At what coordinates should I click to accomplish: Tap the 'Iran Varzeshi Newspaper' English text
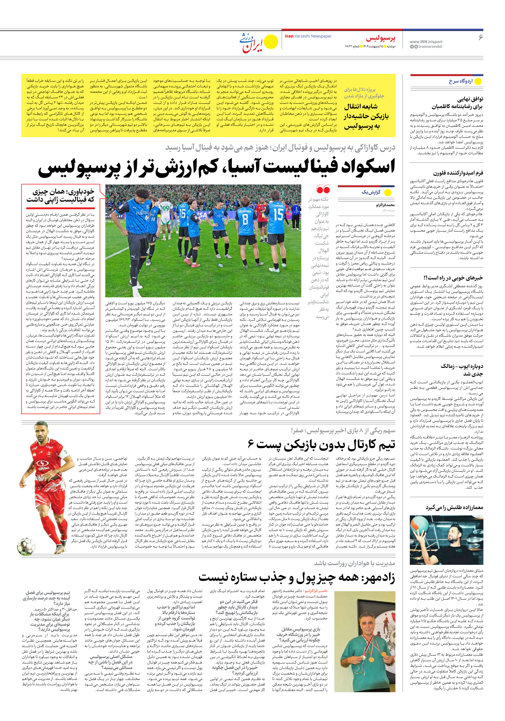[x=308, y=36]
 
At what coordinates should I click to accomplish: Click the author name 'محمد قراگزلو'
[x=385, y=205]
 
